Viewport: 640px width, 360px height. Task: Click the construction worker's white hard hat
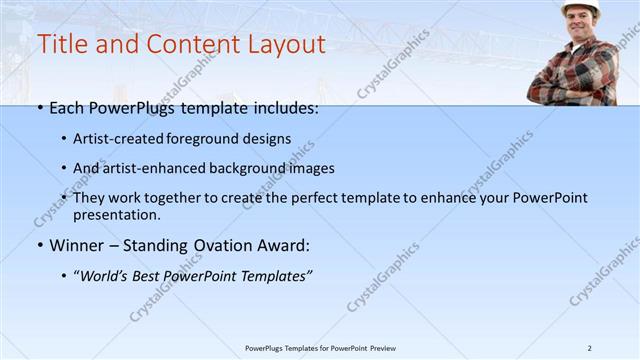[x=579, y=8]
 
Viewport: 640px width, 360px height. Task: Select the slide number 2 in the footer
[x=590, y=348]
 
